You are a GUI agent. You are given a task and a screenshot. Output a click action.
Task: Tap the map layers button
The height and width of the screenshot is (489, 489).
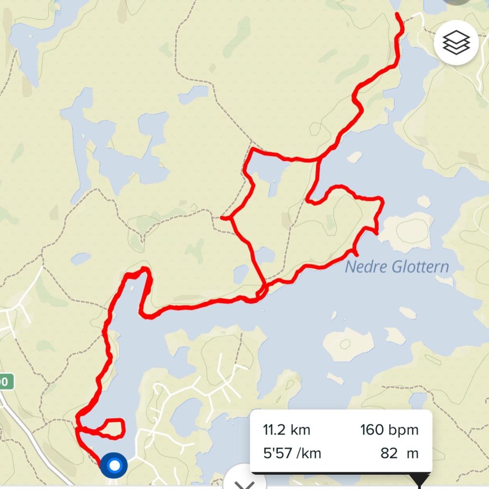pos(456,43)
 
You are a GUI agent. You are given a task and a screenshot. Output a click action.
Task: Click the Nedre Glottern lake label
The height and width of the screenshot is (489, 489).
pos(397,266)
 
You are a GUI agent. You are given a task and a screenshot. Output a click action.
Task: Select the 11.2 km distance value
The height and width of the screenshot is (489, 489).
pos(287,430)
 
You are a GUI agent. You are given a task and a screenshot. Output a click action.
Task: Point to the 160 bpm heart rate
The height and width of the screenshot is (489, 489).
pos(389,430)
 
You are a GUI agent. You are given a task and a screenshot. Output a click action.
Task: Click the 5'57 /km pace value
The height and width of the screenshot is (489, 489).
pos(293,453)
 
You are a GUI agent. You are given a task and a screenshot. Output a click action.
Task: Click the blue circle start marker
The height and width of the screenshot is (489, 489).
pos(114,465)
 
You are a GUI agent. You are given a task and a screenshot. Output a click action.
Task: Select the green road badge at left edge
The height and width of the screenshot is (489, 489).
pos(5,382)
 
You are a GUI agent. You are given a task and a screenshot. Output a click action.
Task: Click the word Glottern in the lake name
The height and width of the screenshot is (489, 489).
pos(421,266)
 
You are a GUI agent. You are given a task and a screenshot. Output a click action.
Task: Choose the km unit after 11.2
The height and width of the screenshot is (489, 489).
pos(301,430)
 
